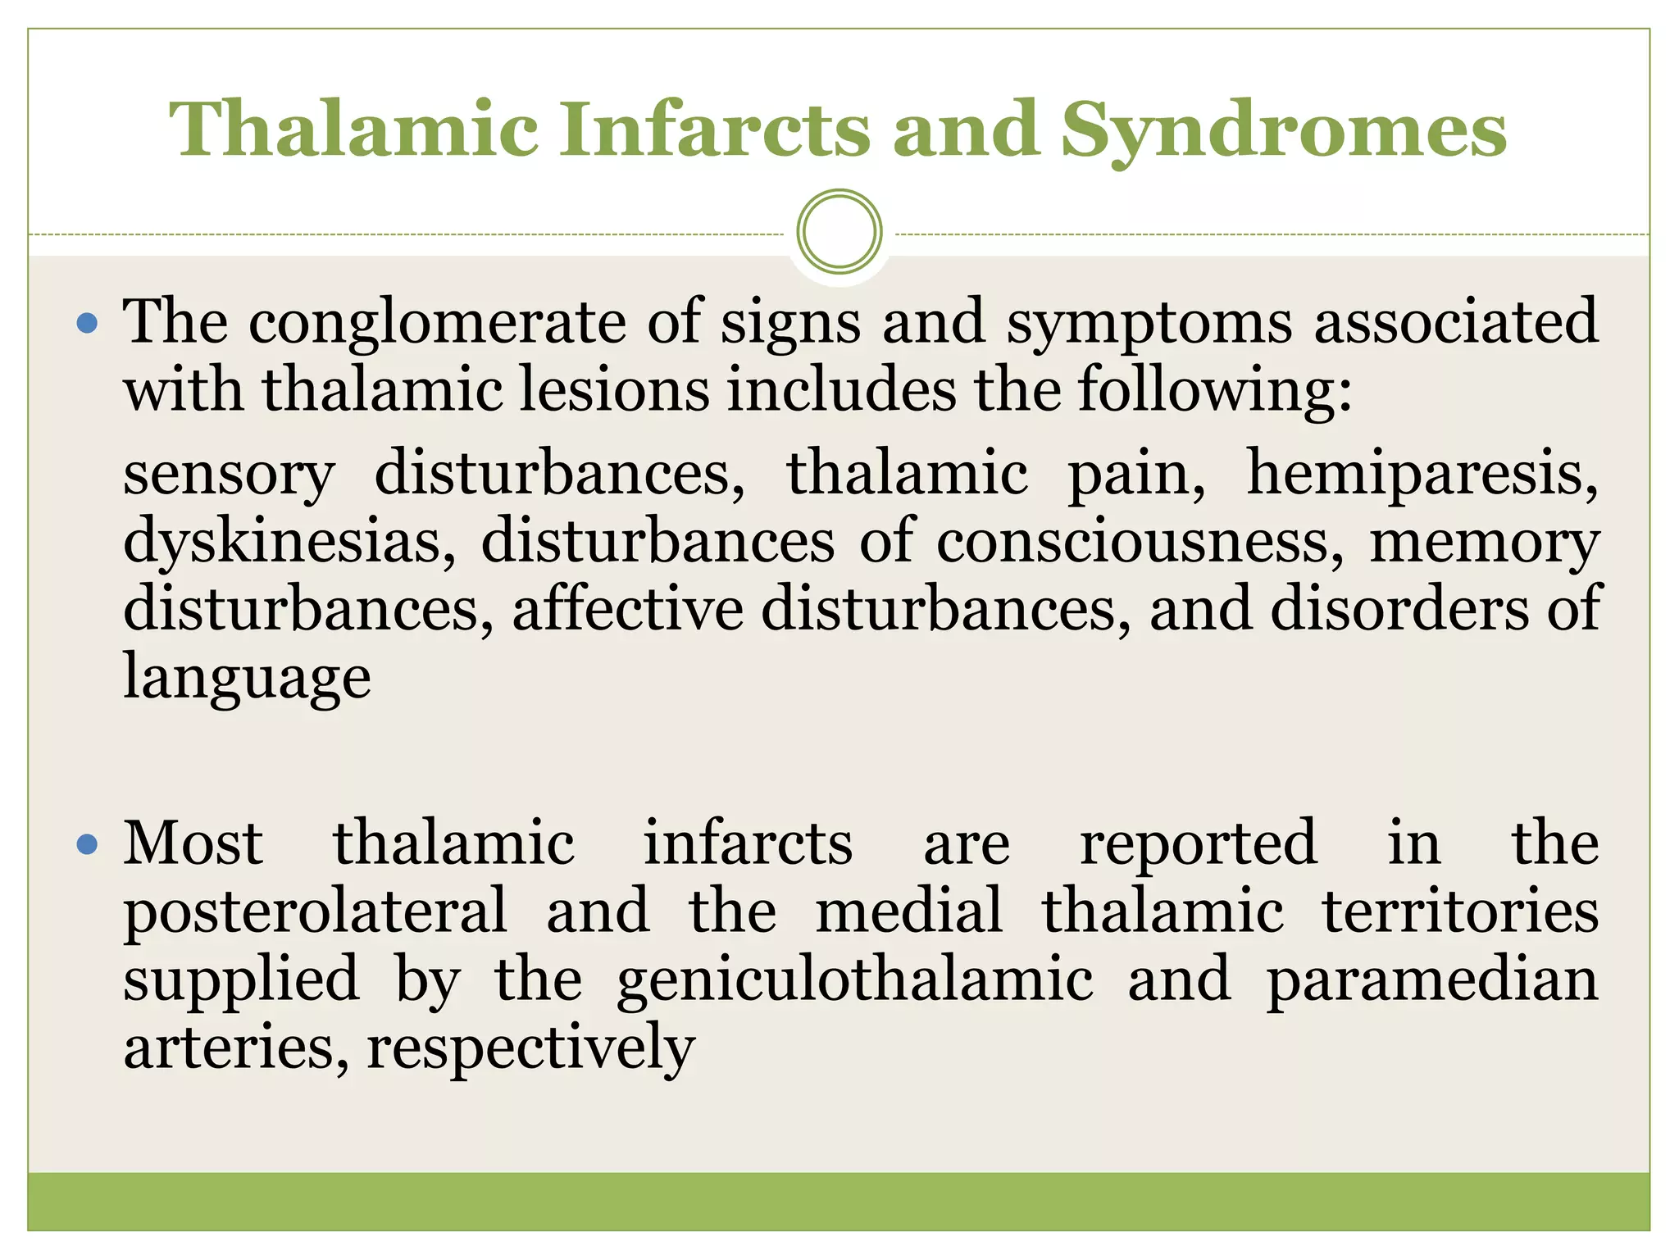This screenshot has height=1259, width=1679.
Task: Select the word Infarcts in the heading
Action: tap(713, 129)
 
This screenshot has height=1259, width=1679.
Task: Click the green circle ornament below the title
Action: tap(839, 232)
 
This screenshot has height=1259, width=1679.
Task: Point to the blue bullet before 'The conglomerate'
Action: tap(87, 323)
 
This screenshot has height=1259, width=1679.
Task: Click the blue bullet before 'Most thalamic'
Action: tap(87, 844)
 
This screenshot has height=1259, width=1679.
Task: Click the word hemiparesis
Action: tap(1422, 473)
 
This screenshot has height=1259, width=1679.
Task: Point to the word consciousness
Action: tap(1140, 541)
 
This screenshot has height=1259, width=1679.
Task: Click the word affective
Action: tap(628, 610)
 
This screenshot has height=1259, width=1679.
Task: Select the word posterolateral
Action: tap(316, 911)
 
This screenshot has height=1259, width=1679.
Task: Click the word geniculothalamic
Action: tap(855, 980)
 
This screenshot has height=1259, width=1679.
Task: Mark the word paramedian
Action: tap(1431, 980)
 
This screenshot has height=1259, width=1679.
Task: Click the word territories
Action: tap(1460, 911)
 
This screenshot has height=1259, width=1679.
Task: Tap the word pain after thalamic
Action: tap(1136, 475)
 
